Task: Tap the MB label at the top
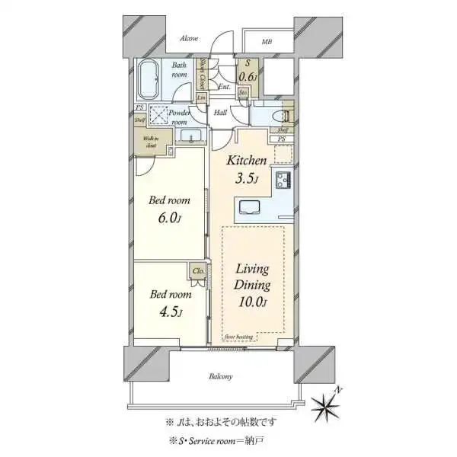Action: pos(267,42)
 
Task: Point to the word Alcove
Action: pos(189,38)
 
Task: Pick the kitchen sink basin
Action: pos(250,207)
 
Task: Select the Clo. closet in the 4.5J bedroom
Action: pos(197,270)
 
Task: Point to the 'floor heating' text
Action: pos(238,336)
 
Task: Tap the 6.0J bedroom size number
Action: pos(169,219)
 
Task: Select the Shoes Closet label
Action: pos(203,74)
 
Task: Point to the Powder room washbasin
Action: pos(190,136)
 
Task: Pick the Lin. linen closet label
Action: pos(202,97)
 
